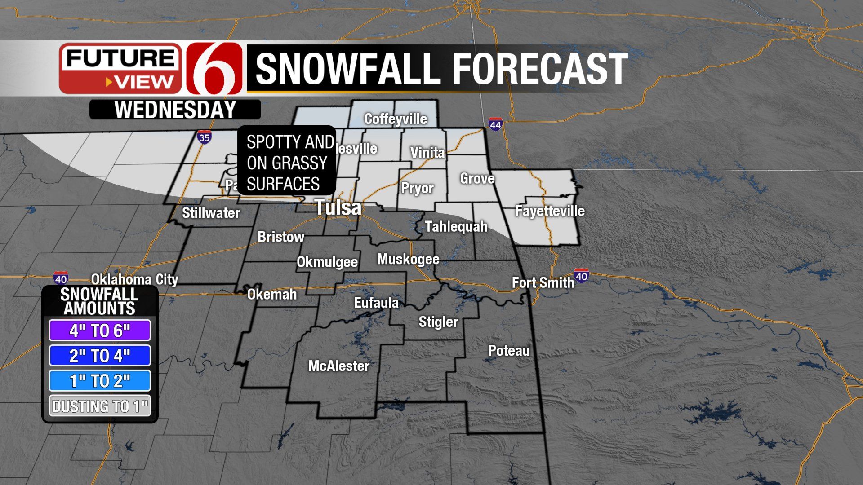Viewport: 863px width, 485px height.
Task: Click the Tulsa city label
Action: (x=338, y=207)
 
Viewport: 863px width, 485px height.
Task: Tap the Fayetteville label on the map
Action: (x=550, y=211)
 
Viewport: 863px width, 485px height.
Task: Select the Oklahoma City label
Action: (x=134, y=279)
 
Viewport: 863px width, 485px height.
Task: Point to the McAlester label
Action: (x=338, y=366)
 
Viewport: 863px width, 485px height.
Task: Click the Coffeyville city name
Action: (x=396, y=119)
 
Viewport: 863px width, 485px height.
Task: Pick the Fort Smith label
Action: (x=543, y=282)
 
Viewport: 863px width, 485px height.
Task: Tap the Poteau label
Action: (x=509, y=351)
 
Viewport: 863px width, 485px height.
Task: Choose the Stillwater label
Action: (x=211, y=213)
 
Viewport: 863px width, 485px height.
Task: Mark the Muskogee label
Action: (x=408, y=259)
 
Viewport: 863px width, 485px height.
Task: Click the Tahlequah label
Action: (x=456, y=227)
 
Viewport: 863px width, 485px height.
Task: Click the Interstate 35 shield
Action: (x=204, y=137)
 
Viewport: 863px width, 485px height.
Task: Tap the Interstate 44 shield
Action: (x=495, y=124)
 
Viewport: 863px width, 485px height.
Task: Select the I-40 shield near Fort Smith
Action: (x=581, y=276)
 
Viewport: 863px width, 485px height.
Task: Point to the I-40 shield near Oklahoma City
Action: (x=61, y=278)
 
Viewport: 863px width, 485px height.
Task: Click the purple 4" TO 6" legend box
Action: (x=100, y=331)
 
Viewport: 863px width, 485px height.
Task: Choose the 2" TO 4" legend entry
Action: (x=100, y=356)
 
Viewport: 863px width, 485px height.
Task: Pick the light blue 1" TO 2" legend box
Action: (x=100, y=381)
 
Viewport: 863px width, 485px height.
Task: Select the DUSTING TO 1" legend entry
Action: (x=100, y=406)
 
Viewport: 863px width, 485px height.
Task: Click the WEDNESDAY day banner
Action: (x=175, y=110)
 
